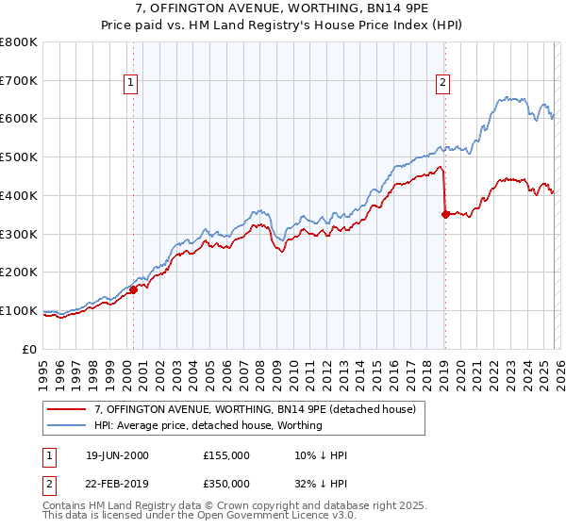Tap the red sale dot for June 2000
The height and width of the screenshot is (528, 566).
pos(133,289)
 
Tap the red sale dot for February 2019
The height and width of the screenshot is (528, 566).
pos(444,214)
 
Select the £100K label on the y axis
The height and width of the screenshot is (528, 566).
pos(20,310)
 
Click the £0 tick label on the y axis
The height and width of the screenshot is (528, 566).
pos(31,349)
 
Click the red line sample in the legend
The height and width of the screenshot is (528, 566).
pos(67,409)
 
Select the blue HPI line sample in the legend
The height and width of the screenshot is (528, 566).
pos(67,425)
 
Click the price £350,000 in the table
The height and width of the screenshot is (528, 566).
pos(226,483)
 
